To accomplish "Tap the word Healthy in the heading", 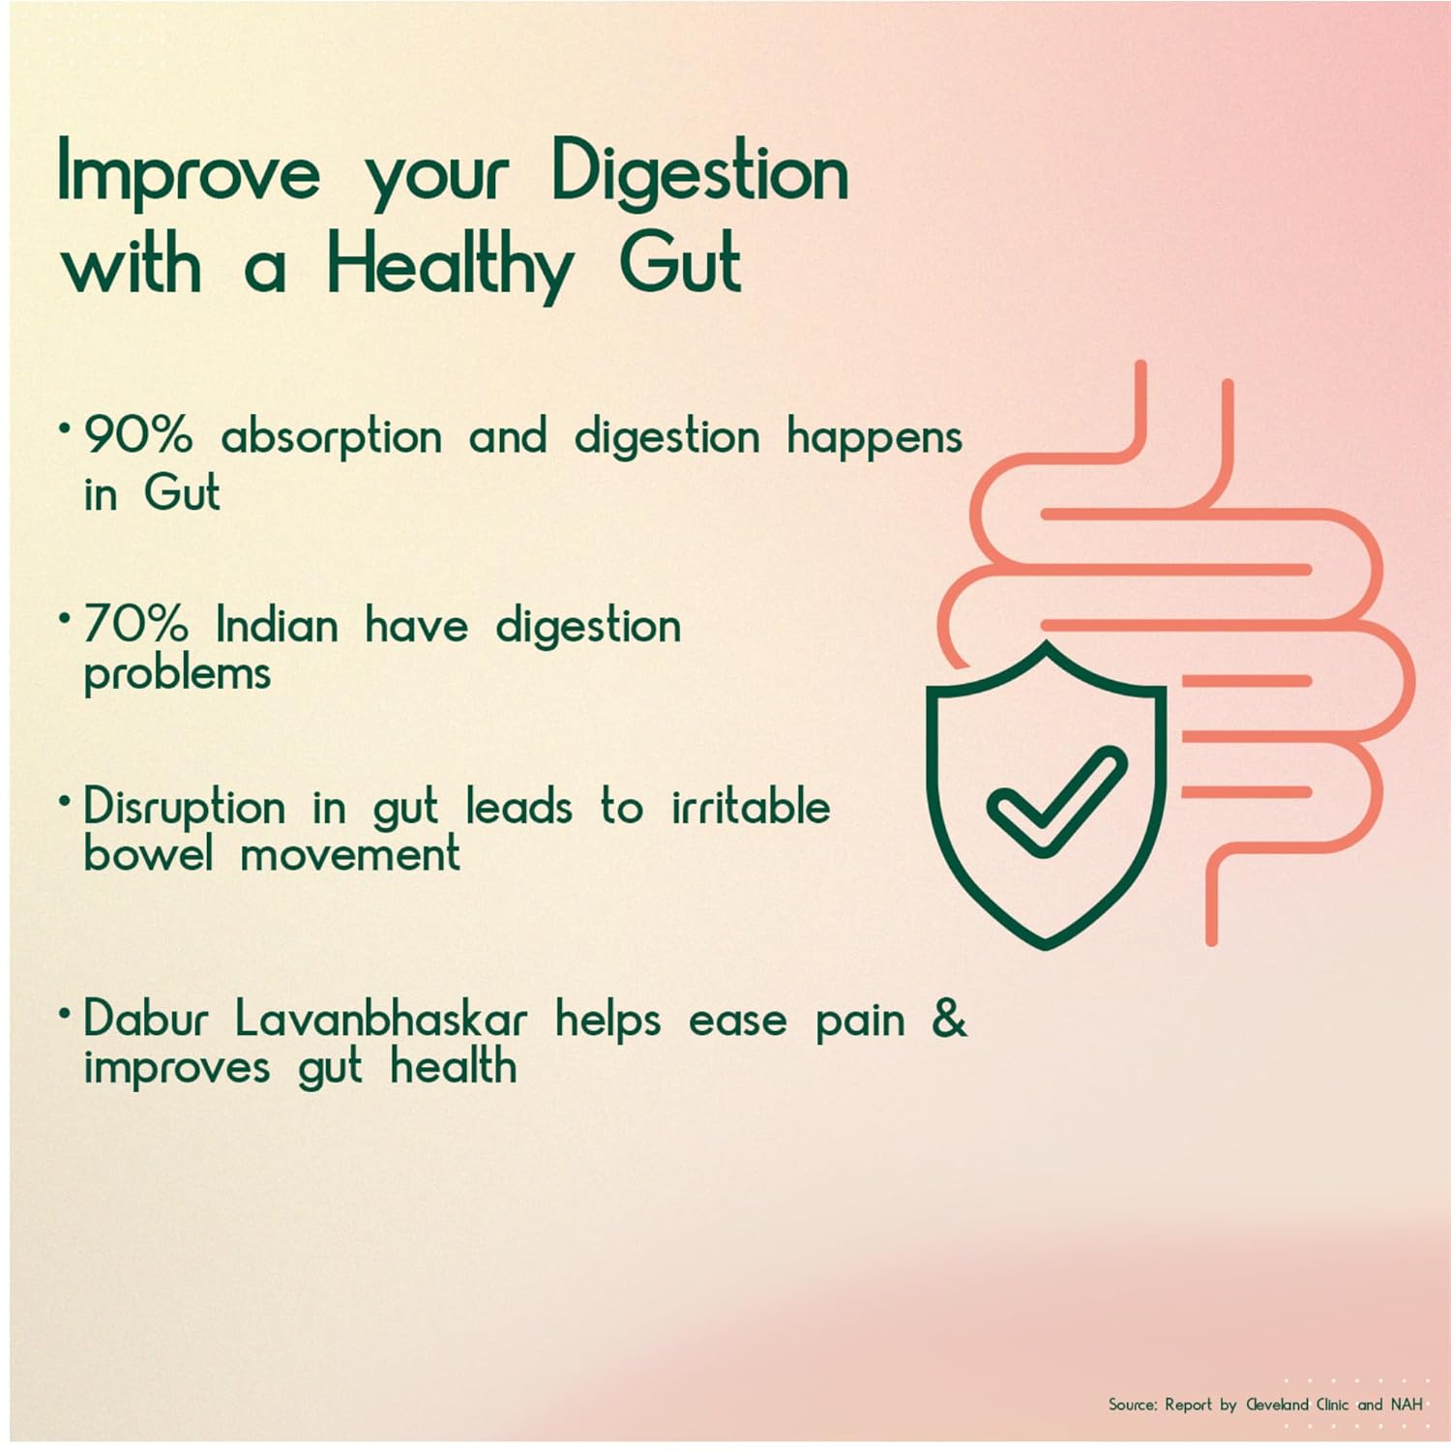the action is tap(450, 266).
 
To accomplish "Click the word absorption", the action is tap(332, 437).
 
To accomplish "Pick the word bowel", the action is tap(148, 853).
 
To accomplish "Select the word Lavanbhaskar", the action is tap(381, 1019).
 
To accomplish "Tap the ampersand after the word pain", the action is tap(949, 1019).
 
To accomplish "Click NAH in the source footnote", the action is tap(1407, 1404).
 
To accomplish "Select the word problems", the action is tap(177, 673).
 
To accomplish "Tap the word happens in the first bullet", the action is tap(874, 437).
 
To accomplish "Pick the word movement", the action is tap(350, 854).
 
